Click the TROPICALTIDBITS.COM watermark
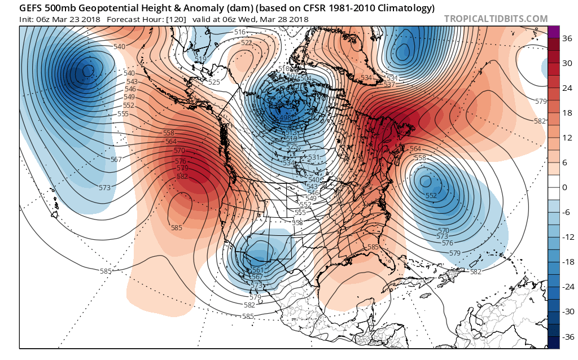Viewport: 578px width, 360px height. point(496,19)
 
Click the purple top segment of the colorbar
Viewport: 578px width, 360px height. point(553,32)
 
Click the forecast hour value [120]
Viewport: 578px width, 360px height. point(173,19)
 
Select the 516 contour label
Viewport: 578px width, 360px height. point(240,32)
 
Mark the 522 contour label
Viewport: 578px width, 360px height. point(247,43)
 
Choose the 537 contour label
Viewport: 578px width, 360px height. point(389,85)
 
